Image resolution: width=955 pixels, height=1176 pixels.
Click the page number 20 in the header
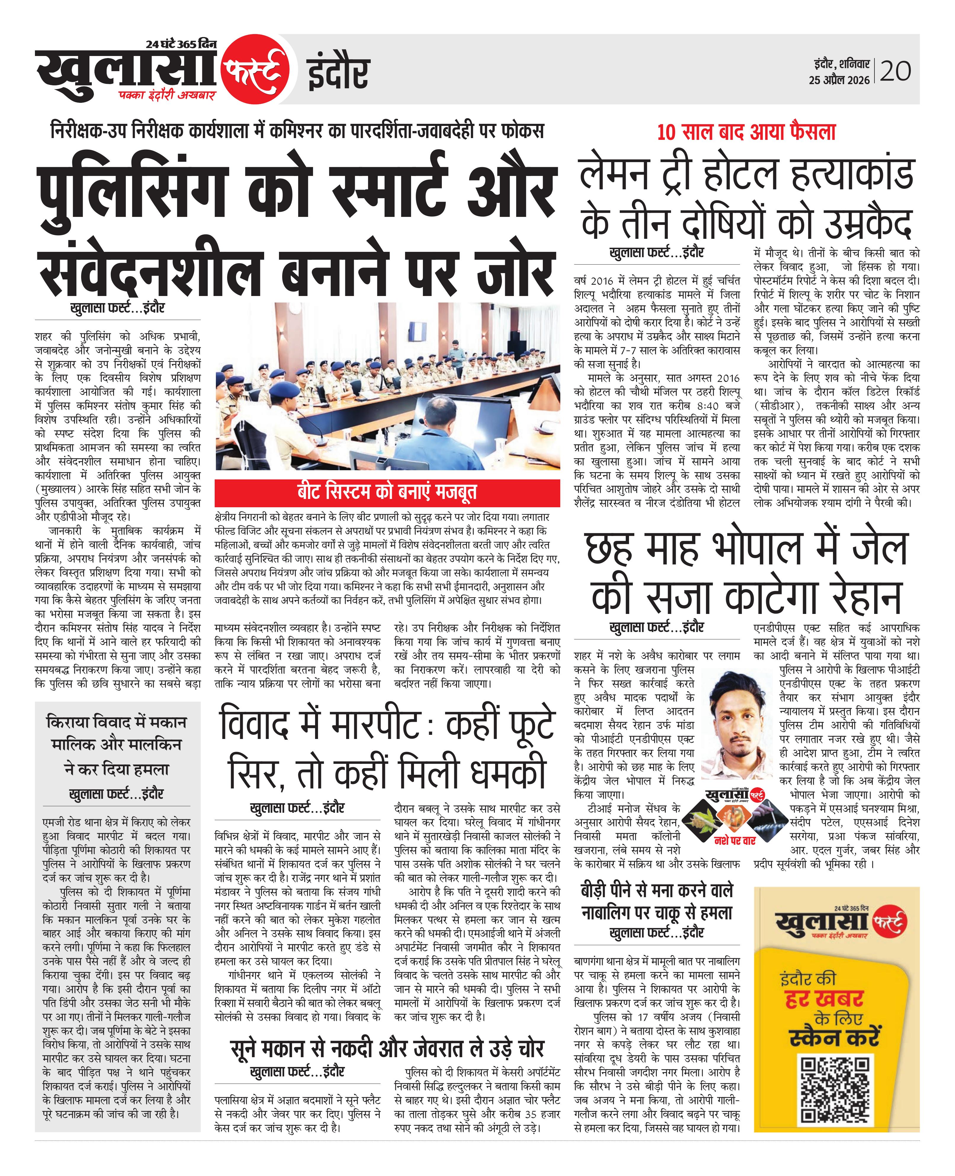point(895,71)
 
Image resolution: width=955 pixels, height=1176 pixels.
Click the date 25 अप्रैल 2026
point(839,80)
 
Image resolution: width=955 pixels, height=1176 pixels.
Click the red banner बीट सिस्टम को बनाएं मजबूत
point(387,492)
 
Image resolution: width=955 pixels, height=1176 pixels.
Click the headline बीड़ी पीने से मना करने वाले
point(656,890)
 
